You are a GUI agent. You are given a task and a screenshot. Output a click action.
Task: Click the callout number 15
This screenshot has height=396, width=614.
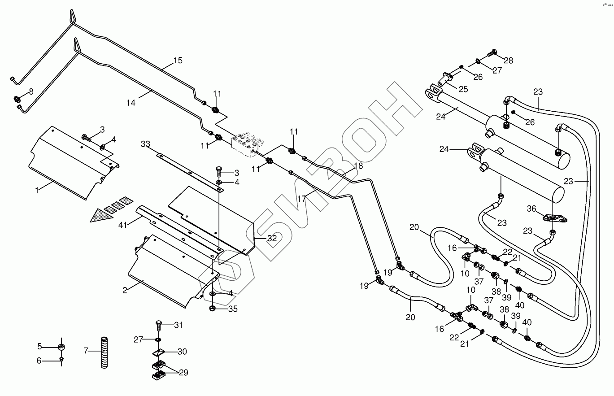pos(178,60)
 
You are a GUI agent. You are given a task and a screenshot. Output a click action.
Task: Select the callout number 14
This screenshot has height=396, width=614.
pos(131,103)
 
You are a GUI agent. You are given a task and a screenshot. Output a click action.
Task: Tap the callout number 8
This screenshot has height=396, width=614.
pos(31,92)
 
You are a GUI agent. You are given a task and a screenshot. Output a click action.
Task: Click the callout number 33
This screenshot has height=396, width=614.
pos(145,144)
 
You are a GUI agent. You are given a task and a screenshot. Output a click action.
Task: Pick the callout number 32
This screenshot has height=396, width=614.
pos(272,239)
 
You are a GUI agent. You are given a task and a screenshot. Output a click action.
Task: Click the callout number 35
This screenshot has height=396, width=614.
pos(232,309)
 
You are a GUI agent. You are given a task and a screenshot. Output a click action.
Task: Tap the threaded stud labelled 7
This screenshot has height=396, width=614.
pos(105,352)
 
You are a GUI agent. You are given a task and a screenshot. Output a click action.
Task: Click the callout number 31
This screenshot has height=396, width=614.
pos(179,325)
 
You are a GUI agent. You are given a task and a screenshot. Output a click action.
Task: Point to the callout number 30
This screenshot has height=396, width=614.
pos(182,352)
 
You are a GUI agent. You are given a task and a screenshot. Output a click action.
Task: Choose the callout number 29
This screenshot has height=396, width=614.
pos(183,373)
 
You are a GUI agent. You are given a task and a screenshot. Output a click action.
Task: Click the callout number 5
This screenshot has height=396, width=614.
pos(39,346)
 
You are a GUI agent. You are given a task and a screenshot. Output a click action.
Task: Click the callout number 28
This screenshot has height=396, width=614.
pos(508,61)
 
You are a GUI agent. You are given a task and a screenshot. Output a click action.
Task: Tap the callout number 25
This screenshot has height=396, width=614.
pos(463,89)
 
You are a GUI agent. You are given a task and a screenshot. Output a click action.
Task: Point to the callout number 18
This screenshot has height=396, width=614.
pos(358,166)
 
